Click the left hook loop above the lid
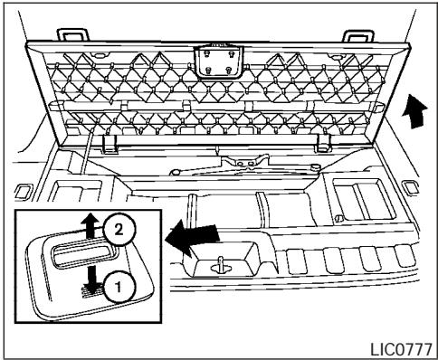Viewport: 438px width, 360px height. tap(70, 33)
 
